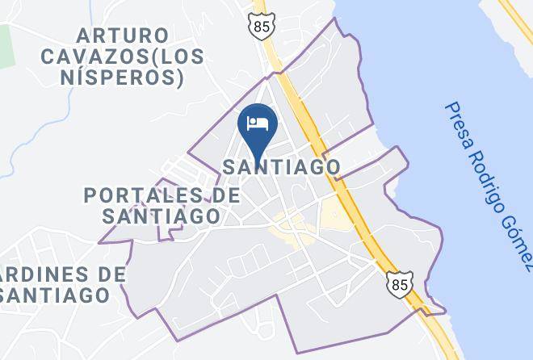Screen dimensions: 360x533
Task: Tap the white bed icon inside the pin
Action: [258, 123]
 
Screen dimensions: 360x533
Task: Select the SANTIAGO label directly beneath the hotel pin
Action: [280, 166]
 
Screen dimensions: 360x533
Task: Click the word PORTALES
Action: [142, 195]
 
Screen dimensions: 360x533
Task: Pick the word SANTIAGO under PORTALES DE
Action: [162, 216]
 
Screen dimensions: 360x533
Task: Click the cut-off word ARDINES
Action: [50, 274]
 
